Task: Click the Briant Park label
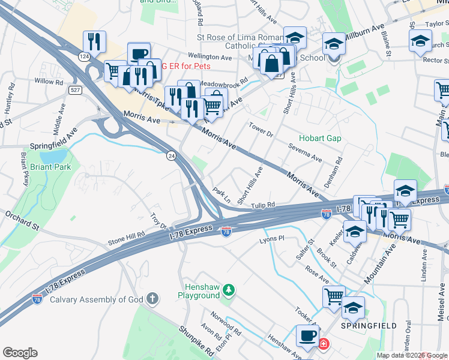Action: point(50,167)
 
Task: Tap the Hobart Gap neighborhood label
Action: point(320,138)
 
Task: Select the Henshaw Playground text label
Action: point(199,291)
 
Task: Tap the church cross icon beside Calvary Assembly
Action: point(153,298)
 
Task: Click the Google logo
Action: point(20,353)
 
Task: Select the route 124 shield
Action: point(84,56)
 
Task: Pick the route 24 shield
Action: point(171,155)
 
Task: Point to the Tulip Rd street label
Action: point(263,205)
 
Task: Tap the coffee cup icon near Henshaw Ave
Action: point(309,336)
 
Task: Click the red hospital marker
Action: point(324,344)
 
